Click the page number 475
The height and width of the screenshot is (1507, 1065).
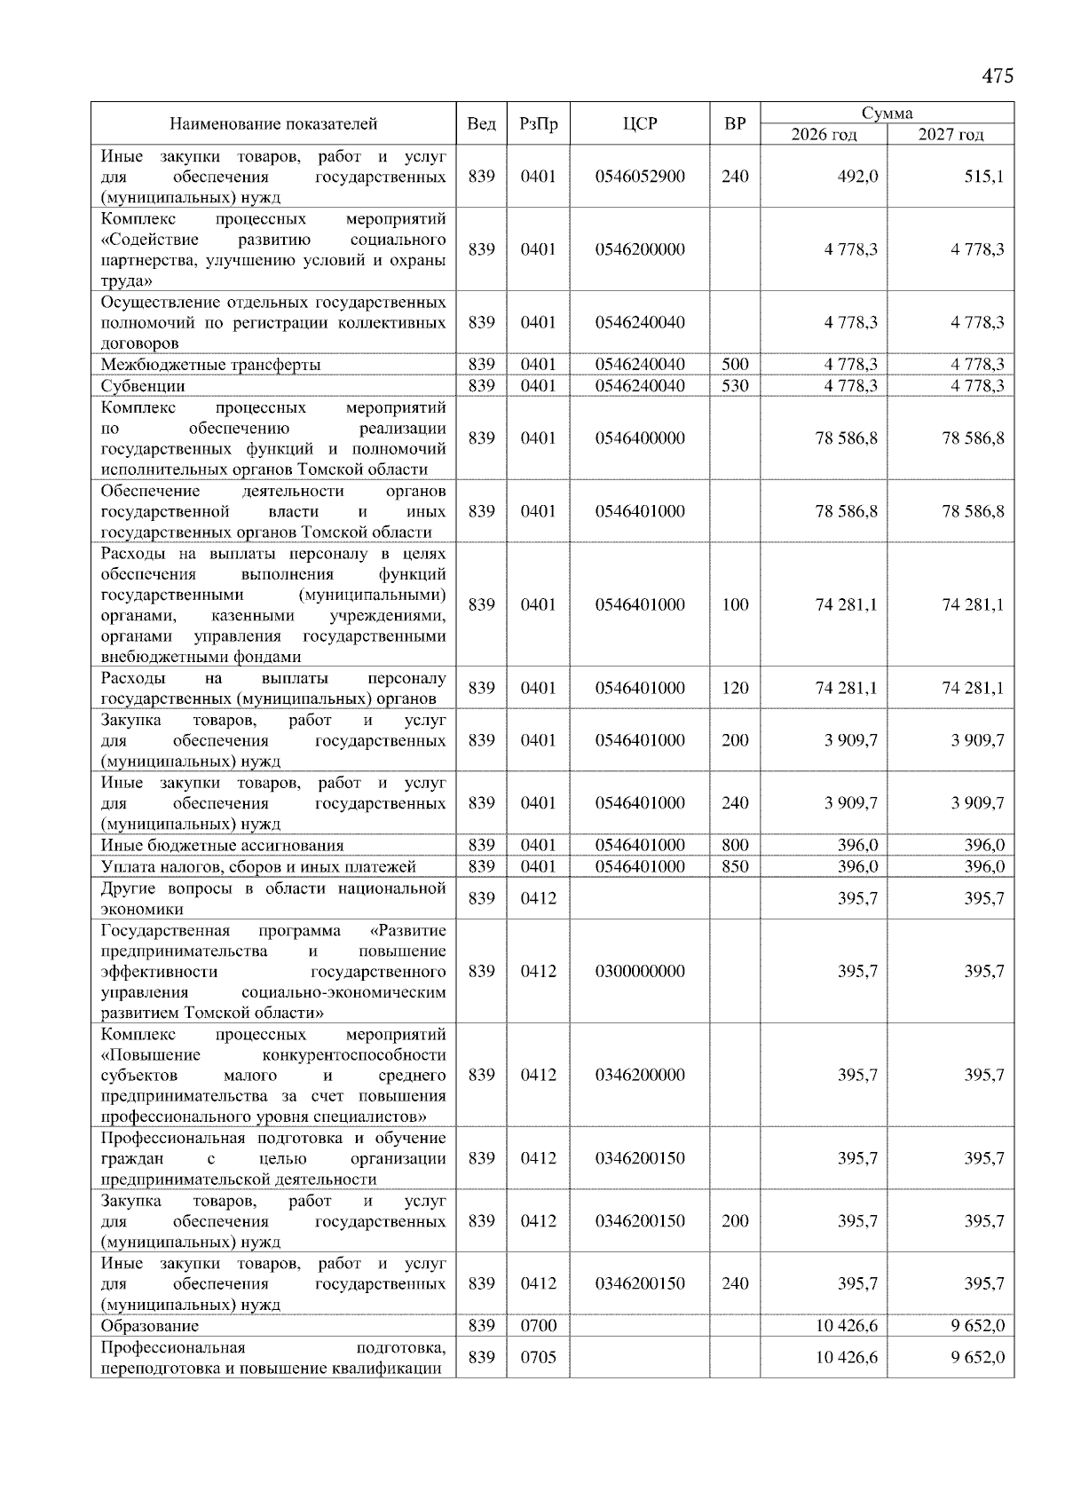[x=997, y=76]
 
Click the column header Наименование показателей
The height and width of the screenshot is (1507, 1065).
[x=273, y=124]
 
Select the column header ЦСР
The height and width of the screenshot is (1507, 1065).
[x=640, y=124]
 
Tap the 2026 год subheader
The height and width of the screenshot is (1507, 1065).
[x=824, y=135]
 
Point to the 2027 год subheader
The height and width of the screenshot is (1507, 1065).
[x=951, y=135]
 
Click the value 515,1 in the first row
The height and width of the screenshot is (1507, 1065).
[x=984, y=177]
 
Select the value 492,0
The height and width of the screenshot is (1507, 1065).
[x=858, y=177]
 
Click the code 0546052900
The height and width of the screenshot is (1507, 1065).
[x=640, y=177]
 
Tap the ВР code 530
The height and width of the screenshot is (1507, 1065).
[x=735, y=386]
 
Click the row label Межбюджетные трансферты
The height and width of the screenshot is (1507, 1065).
[x=210, y=365]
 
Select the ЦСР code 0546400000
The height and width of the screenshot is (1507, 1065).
[x=640, y=438]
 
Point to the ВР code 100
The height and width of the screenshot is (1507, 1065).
[x=735, y=605]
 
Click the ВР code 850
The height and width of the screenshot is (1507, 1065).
[x=735, y=867]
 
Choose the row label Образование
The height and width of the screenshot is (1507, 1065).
[x=149, y=1326]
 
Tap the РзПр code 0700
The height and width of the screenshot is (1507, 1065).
[x=538, y=1326]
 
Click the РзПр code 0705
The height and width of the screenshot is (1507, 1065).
[x=538, y=1358]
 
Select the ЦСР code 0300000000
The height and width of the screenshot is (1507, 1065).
[x=640, y=972]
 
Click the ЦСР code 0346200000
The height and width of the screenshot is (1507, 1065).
[x=640, y=1076]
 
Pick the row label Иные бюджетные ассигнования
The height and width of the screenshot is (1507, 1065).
[x=222, y=846]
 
